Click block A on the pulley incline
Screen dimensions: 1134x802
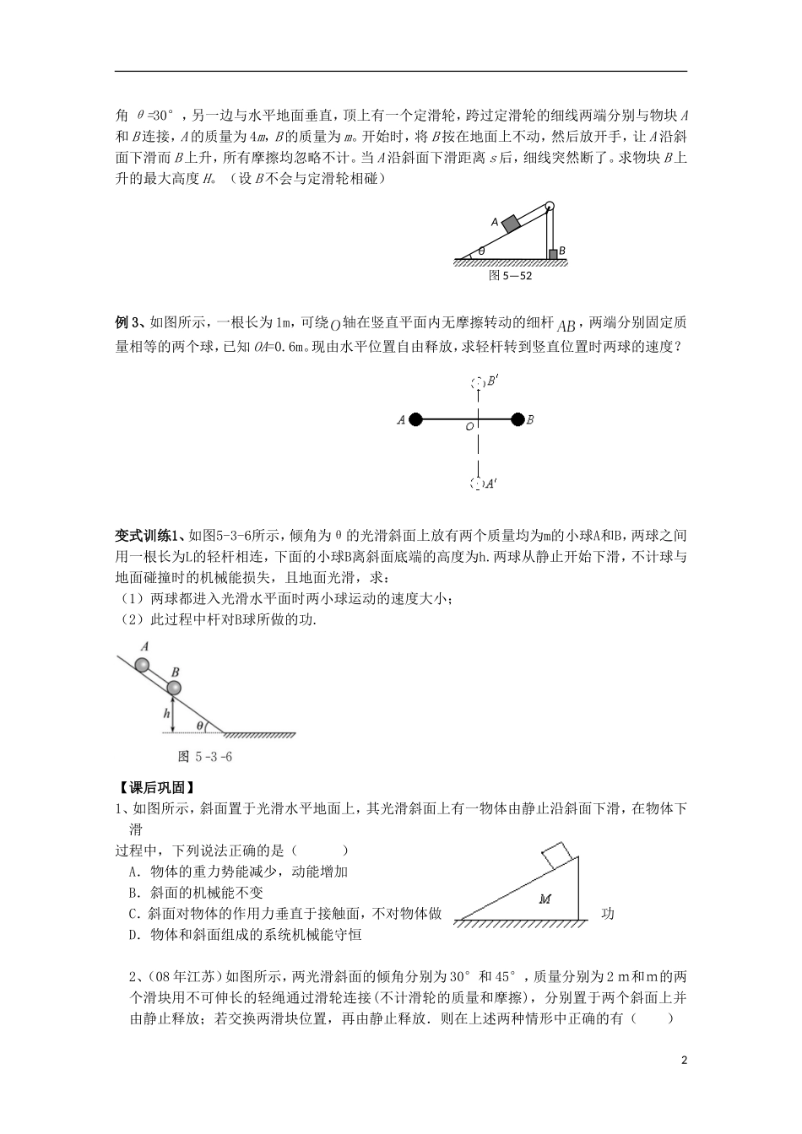pos(511,223)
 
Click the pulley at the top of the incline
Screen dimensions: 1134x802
pos(550,206)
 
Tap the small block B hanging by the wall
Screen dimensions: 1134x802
pos(553,253)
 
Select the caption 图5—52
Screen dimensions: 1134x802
pos(511,274)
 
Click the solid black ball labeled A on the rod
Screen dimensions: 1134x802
pos(416,418)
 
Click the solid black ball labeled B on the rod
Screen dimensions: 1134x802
pos(518,418)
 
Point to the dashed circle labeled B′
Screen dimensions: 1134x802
pos(477,382)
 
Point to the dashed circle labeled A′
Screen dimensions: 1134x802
pos(477,483)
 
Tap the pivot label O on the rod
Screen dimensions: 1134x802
pos(469,428)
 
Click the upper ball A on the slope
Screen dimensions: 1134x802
pos(144,666)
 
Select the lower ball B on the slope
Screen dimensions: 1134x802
pos(174,688)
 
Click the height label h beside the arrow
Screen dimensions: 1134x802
pos(167,714)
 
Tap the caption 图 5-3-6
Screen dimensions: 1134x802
pos(206,756)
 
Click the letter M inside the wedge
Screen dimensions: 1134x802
pos(545,899)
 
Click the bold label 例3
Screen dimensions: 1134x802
pos(128,321)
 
